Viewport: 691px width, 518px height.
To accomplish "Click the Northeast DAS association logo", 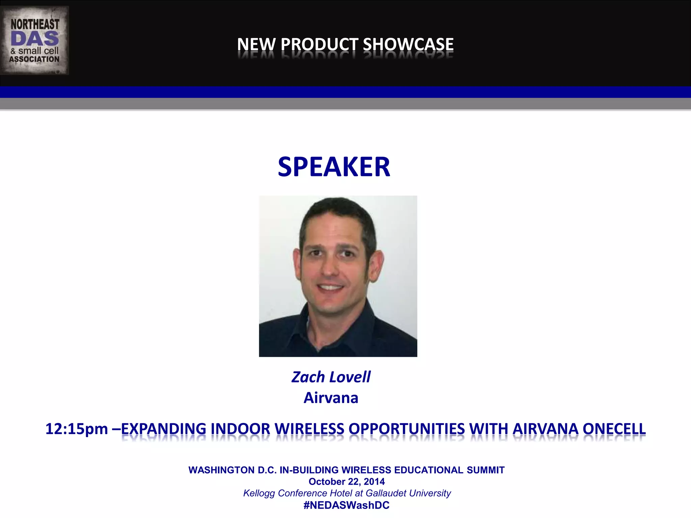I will (x=34, y=40).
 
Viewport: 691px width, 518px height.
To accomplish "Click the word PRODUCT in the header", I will (x=320, y=45).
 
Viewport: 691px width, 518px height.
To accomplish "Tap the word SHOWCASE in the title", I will (x=408, y=45).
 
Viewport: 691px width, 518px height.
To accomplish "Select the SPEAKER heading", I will (x=334, y=167).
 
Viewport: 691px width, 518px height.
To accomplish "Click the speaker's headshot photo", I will (x=338, y=276).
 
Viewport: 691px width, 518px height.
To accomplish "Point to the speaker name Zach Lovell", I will (x=331, y=377).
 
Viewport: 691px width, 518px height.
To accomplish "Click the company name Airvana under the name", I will (x=331, y=398).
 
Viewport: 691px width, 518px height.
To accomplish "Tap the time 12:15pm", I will (x=77, y=429).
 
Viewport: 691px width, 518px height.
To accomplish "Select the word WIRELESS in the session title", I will (x=309, y=429).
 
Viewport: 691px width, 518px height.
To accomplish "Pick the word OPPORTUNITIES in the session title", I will (x=407, y=429).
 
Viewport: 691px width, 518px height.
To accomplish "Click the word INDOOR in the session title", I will (x=240, y=429).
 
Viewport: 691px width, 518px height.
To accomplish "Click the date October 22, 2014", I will (x=347, y=482).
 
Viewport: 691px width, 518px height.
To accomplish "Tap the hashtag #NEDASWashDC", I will (x=347, y=505).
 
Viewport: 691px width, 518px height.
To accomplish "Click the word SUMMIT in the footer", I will (x=486, y=470).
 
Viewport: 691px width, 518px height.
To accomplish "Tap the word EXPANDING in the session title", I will (x=163, y=429).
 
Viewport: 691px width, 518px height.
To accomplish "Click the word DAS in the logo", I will (x=35, y=39).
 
